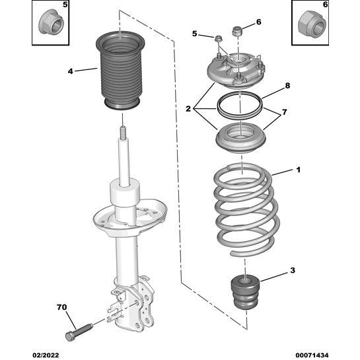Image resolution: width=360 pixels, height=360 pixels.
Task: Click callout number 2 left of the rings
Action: pos(189,108)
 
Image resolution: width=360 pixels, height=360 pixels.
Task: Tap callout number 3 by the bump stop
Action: pos(293,271)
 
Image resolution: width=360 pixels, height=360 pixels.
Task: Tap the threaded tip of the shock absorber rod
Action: pos(123,137)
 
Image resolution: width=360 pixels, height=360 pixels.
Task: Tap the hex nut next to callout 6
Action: pos(238,30)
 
